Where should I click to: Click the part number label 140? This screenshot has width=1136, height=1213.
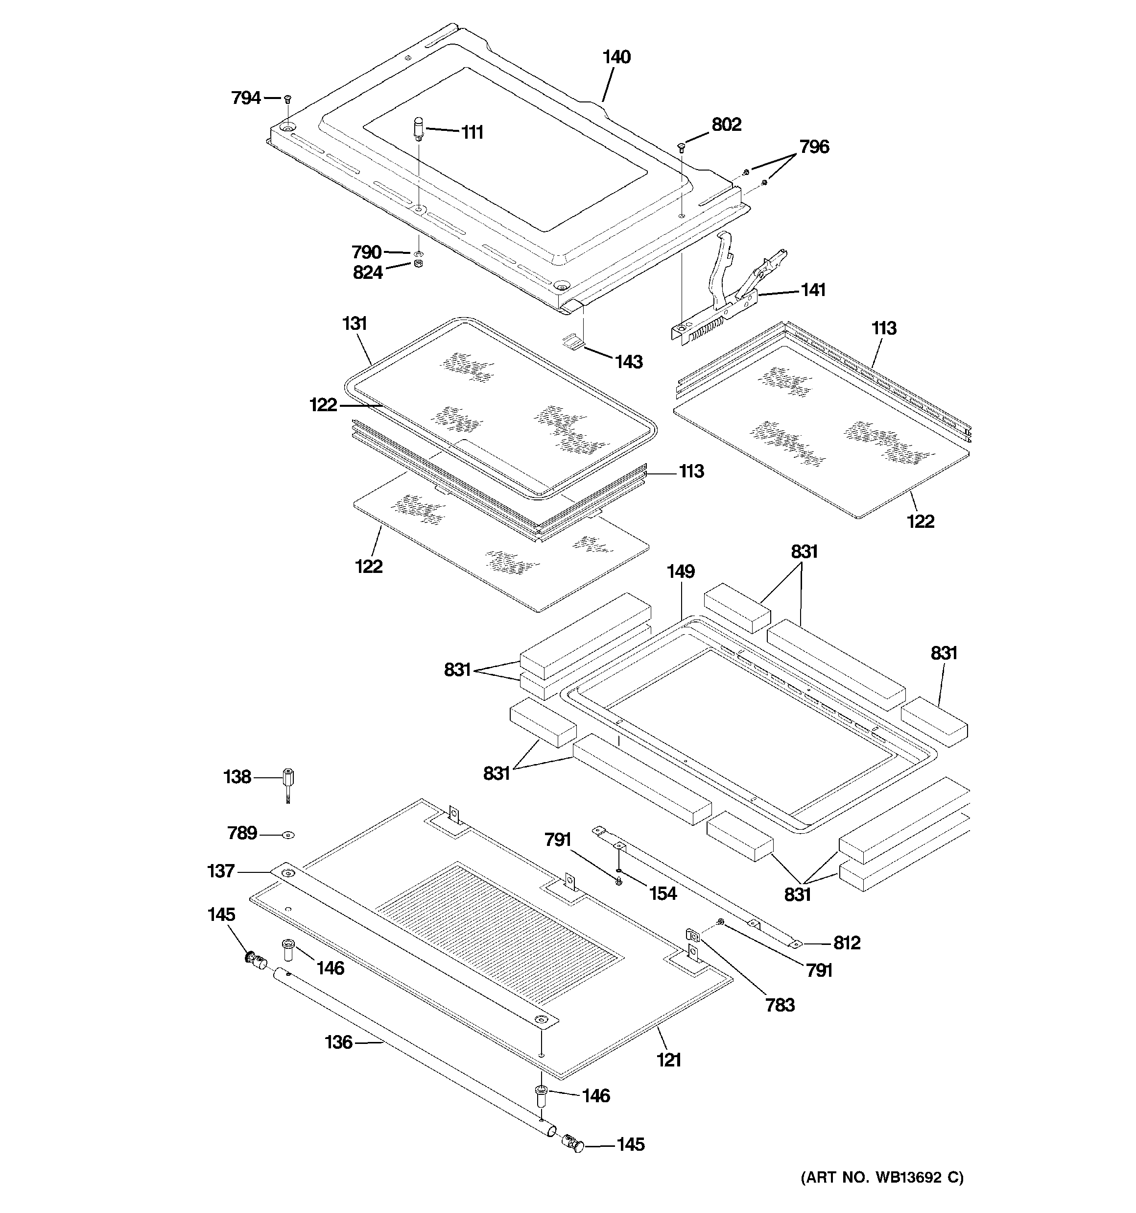coord(616,57)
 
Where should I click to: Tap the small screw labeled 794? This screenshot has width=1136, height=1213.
coord(288,99)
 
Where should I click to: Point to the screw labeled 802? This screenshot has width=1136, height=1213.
coord(681,147)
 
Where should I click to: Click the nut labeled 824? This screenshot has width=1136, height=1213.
coord(418,263)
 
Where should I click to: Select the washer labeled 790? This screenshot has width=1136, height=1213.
coord(418,252)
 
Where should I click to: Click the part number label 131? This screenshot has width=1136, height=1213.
coord(355,323)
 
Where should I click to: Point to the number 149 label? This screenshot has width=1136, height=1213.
coord(680,572)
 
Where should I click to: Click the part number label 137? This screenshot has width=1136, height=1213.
coord(221,871)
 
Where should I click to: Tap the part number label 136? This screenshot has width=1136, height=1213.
coord(338,1042)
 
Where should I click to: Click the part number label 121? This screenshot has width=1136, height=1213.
coord(668,1060)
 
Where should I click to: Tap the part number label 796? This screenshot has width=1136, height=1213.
coord(814,147)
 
